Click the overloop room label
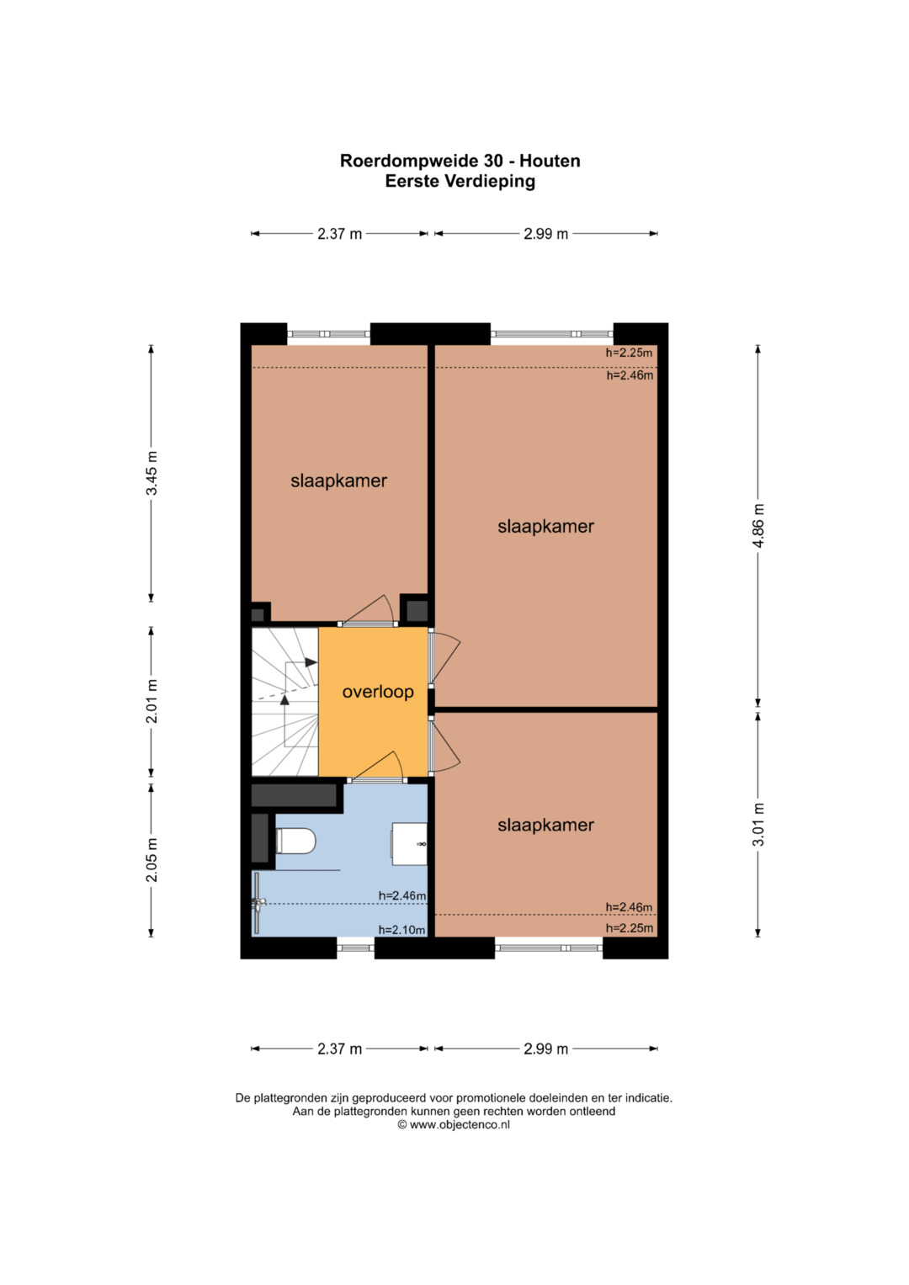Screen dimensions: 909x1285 [x=378, y=692]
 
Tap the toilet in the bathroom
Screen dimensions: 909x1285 [x=295, y=841]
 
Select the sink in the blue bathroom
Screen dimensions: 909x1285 [x=409, y=844]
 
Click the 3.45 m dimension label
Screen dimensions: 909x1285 [x=151, y=473]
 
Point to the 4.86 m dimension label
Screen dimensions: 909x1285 [x=758, y=525]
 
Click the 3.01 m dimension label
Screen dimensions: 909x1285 [x=758, y=825]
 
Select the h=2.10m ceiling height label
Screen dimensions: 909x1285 [x=401, y=930]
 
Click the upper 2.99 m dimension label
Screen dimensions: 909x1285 [x=545, y=234]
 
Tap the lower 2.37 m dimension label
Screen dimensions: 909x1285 [x=340, y=1049]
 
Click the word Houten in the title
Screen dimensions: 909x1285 [x=550, y=161]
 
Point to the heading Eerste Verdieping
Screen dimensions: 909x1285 [x=460, y=181]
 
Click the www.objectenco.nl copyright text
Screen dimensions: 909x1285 [x=454, y=1124]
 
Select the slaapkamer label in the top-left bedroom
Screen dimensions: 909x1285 [x=338, y=481]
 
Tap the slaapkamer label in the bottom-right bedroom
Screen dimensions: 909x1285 [x=545, y=825]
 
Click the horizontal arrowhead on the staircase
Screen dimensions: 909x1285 [x=311, y=662]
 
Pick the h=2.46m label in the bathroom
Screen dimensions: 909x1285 [x=401, y=895]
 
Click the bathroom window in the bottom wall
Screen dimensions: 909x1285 [x=355, y=948]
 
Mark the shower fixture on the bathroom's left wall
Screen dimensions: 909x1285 [x=258, y=903]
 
